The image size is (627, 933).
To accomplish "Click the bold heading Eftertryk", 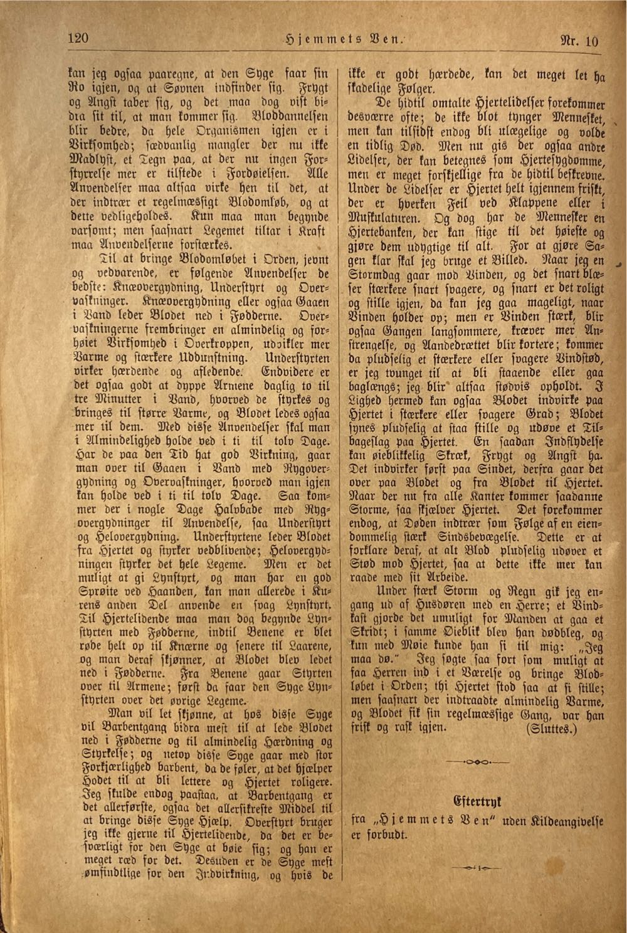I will coord(477,801).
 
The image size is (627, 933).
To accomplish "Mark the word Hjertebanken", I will coord(388,232).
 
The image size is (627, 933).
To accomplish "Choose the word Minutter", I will coord(115,400).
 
